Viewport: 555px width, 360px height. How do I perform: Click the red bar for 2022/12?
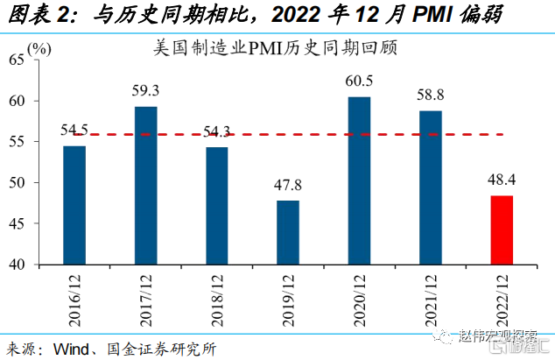[x=501, y=230]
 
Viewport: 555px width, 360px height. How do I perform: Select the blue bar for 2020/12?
[x=359, y=180]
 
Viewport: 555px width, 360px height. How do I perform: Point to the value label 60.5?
[x=359, y=81]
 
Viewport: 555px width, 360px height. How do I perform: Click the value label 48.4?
[x=501, y=181]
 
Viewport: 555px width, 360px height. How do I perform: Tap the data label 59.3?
[x=146, y=91]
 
